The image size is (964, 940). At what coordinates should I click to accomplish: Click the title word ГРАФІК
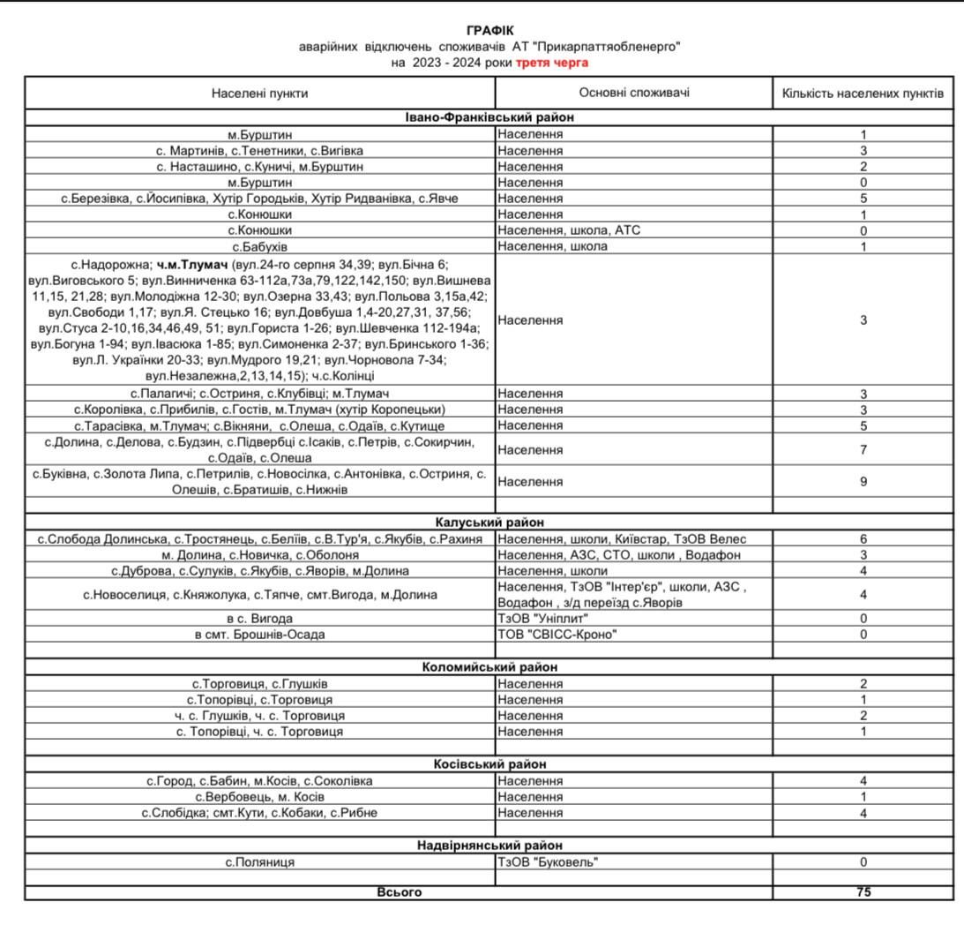(489, 31)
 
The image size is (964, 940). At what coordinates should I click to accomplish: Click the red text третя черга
(552, 63)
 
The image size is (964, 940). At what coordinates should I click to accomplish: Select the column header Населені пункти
(260, 93)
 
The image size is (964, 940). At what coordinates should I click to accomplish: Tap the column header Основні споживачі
(634, 93)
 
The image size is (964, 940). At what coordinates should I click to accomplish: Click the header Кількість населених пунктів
(863, 93)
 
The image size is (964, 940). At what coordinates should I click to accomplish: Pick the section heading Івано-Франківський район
(489, 117)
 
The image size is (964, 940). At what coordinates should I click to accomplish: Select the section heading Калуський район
(489, 523)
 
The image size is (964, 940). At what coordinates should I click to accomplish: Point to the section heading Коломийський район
(489, 667)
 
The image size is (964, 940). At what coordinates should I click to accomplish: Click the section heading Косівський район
(489, 764)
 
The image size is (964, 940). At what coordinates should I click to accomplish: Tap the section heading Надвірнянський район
(489, 846)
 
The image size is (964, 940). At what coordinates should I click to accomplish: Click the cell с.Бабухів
(260, 246)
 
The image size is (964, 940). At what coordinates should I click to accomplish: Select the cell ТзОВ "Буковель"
(548, 862)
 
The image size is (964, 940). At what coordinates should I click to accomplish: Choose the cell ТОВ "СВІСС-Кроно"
(557, 635)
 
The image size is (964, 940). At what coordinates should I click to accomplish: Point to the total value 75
(863, 892)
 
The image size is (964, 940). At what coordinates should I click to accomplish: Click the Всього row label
(399, 892)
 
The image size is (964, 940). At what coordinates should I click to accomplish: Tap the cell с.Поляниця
(260, 862)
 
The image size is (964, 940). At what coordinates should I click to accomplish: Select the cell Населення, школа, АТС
(569, 230)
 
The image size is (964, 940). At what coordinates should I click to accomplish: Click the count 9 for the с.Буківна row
(863, 482)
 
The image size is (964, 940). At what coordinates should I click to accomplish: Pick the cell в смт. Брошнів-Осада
(260, 635)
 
